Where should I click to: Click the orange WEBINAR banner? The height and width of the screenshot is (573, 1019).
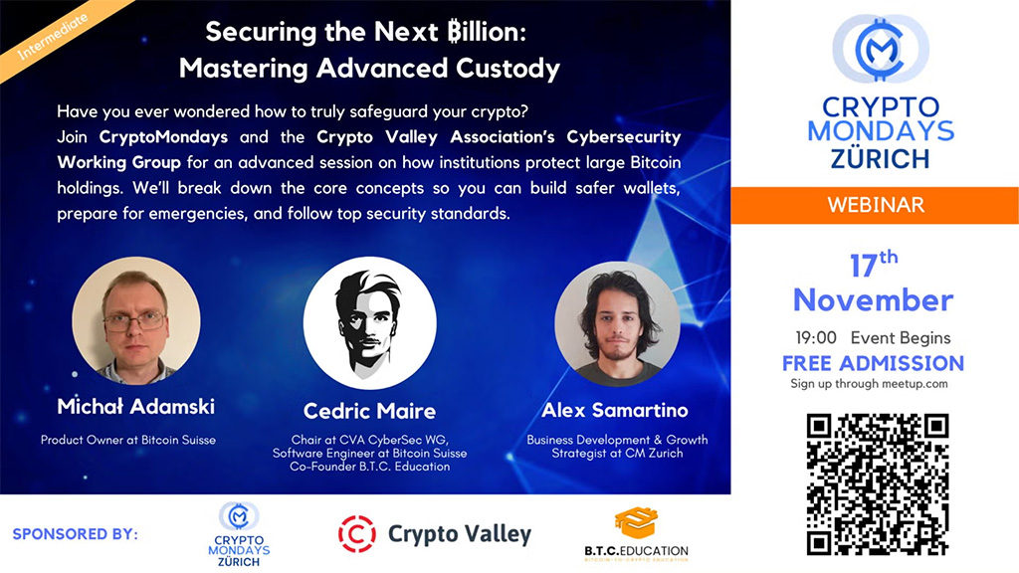875,206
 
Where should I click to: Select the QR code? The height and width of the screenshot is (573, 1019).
877,483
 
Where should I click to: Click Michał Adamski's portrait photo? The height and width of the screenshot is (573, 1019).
136,321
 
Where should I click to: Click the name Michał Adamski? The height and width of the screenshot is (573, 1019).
136,406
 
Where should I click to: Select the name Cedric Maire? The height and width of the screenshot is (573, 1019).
369,411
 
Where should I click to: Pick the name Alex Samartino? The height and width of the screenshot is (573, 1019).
615,410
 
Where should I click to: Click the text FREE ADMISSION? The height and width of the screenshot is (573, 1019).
873,363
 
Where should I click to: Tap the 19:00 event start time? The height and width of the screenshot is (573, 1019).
815,338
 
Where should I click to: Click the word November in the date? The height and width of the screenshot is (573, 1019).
873,299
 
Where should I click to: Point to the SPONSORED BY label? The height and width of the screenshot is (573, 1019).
76,534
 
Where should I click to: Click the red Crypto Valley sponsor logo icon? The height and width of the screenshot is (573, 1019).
357,534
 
